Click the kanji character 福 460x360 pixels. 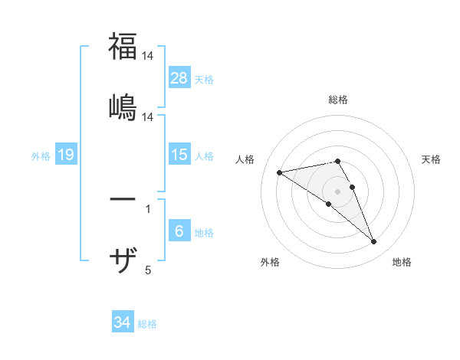click(123, 47)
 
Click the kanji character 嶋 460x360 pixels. click(123, 106)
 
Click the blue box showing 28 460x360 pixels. click(179, 77)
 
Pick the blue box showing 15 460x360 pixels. click(179, 155)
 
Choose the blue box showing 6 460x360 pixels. click(179, 231)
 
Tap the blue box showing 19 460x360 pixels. click(66, 155)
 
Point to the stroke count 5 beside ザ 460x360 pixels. click(148, 270)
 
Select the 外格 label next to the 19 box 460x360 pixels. click(41, 155)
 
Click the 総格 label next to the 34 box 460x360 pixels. click(147, 324)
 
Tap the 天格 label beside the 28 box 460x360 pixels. click(204, 79)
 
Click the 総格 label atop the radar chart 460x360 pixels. click(338, 100)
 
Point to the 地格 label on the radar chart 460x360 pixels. click(402, 262)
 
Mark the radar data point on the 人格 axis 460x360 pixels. click(280, 172)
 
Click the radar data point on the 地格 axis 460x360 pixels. click(374, 242)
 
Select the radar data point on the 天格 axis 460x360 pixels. click(353, 187)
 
